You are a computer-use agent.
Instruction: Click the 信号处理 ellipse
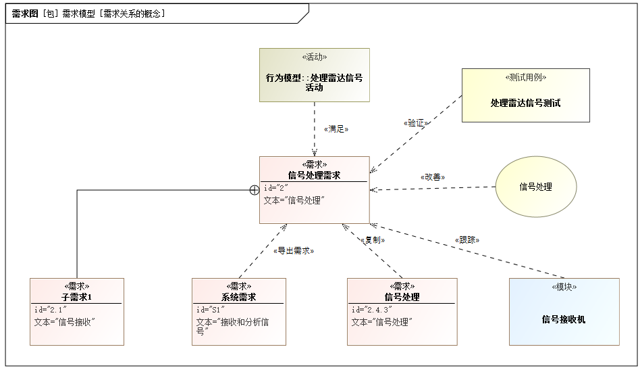point(536,187)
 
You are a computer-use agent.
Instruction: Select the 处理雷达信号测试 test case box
point(525,95)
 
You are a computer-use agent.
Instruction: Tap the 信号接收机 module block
point(564,312)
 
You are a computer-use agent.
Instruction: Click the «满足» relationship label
point(336,129)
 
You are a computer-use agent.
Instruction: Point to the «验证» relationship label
point(416,123)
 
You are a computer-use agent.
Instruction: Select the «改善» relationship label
point(432,177)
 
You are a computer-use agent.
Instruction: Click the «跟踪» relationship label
point(467,239)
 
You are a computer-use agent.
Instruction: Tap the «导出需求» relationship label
point(294,250)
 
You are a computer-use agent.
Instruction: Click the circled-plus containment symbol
point(255,190)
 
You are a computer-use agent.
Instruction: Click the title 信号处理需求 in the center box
point(314,175)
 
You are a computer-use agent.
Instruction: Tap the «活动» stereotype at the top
point(314,57)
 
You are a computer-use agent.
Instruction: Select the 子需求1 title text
point(77,297)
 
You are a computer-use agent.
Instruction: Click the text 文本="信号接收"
point(64,322)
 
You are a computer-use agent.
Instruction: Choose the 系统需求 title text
point(239,297)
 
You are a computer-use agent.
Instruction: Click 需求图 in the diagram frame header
point(25,14)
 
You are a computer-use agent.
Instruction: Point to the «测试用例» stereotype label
point(525,78)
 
